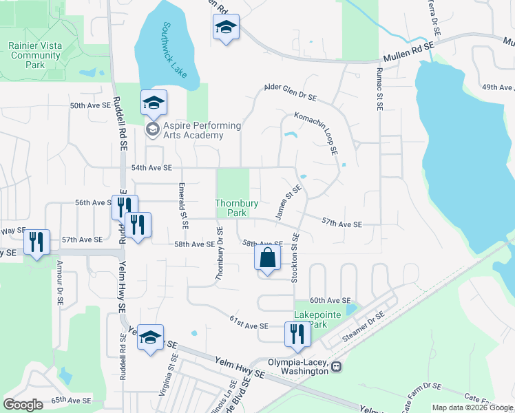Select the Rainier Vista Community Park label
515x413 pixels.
(35, 55)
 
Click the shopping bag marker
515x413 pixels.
(268, 259)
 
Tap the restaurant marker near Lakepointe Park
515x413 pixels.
(297, 334)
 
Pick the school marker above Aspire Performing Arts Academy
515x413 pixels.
(154, 103)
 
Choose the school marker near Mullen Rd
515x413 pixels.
(226, 28)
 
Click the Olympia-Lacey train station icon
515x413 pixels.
(337, 367)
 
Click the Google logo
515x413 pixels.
(23, 405)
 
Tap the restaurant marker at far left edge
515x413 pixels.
(36, 242)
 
